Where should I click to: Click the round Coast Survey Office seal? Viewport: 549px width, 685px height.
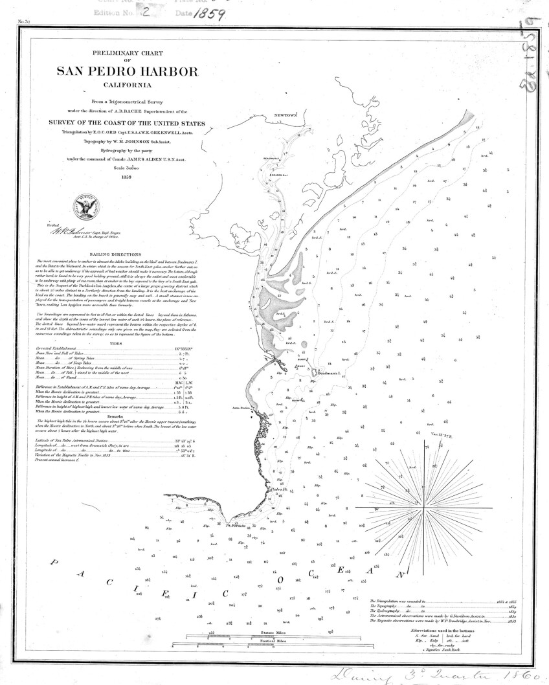(86, 206)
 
